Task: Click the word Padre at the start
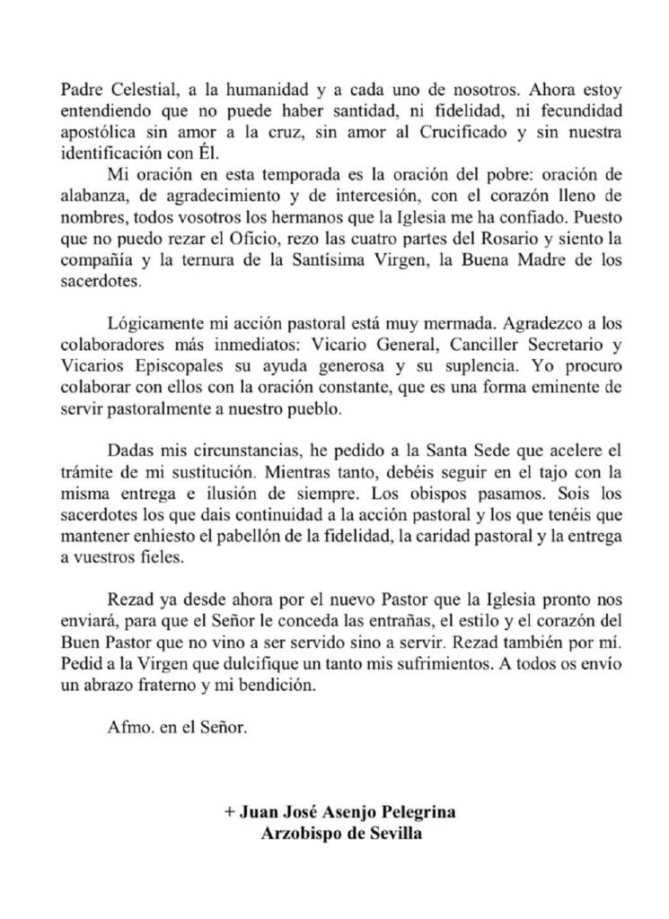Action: [80, 90]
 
